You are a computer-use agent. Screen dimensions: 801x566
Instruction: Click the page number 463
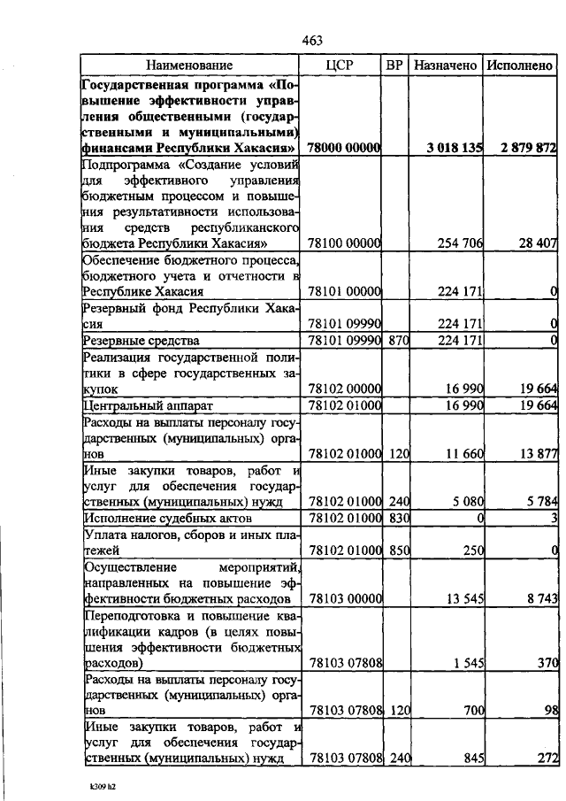click(x=311, y=40)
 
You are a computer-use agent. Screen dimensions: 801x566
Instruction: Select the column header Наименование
click(x=190, y=65)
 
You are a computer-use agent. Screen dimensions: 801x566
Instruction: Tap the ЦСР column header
click(x=340, y=65)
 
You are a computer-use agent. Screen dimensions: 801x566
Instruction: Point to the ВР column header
click(x=395, y=65)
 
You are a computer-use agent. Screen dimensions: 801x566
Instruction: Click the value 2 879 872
click(x=526, y=147)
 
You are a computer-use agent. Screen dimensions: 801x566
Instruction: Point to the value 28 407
click(x=534, y=243)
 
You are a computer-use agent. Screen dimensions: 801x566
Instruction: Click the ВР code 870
click(x=395, y=340)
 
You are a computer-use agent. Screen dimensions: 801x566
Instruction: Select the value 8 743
click(x=538, y=598)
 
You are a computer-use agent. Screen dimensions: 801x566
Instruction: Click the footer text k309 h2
click(x=90, y=784)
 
